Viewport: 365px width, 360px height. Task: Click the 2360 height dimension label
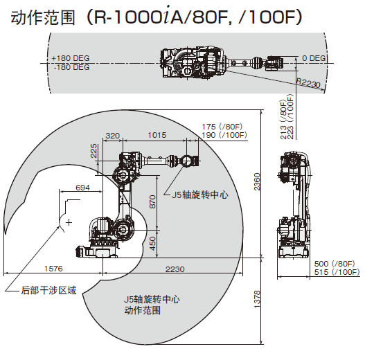[257, 181]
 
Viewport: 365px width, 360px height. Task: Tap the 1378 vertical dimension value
[257, 299]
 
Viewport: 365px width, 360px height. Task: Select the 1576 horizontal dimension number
[53, 269]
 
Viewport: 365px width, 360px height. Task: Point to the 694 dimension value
[82, 188]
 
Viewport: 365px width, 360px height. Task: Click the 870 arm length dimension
[152, 201]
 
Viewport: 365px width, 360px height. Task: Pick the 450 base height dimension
[152, 244]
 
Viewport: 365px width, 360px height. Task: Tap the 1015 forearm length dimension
[157, 135]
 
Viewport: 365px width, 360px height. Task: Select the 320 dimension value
[113, 136]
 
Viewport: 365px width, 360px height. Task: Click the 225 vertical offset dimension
[94, 151]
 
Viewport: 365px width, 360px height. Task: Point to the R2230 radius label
[308, 83]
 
